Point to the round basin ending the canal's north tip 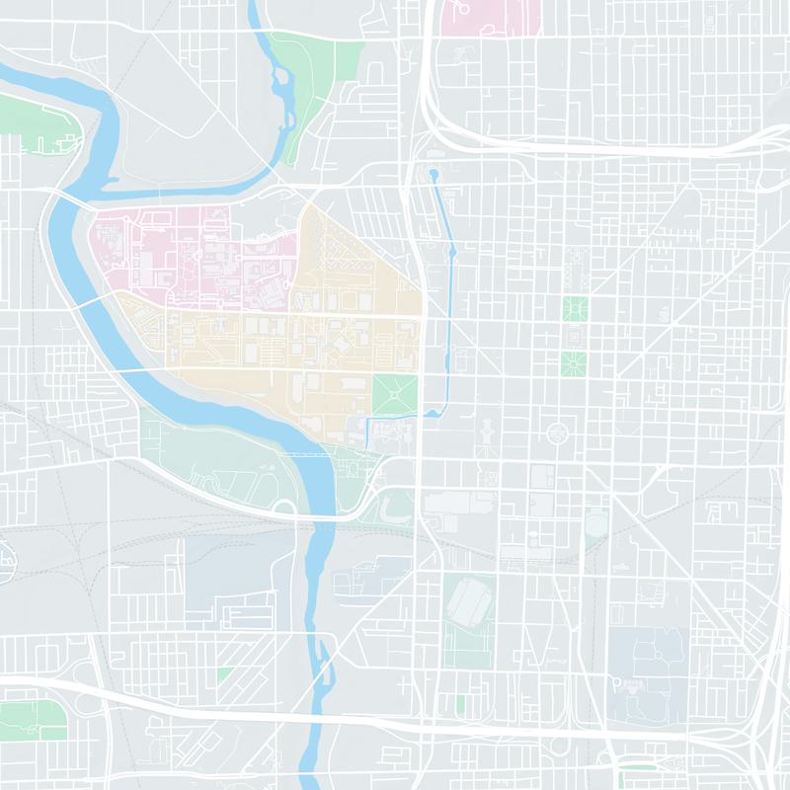(x=433, y=176)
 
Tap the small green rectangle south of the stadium (x=460, y=703)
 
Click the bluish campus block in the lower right (x=647, y=662)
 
